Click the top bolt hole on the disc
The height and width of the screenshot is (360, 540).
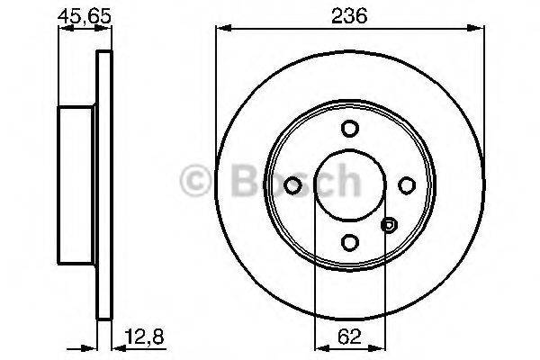point(349,128)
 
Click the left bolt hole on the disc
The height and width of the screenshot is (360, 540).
point(292,185)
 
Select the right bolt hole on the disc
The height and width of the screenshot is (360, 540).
point(406,185)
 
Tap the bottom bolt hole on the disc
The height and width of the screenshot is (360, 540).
point(349,242)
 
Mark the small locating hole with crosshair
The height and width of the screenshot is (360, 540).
point(389,225)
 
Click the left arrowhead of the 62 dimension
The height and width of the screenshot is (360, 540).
point(318,347)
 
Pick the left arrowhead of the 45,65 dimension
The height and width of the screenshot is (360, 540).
point(63,31)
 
